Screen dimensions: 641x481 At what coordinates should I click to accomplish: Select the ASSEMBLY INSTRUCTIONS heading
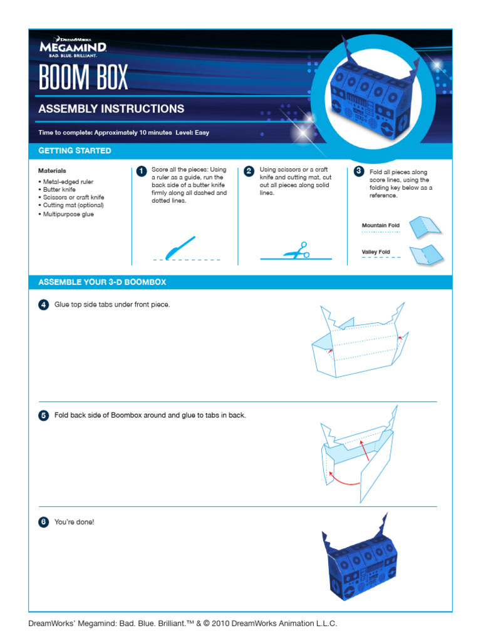point(111,109)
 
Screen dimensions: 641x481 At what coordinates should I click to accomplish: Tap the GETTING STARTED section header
point(75,151)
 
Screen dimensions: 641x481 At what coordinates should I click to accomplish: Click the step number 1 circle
point(141,171)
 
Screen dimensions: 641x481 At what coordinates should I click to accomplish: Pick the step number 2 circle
point(249,171)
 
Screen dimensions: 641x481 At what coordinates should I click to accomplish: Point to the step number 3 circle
point(358,171)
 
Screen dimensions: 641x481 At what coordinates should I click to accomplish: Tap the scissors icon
point(297,250)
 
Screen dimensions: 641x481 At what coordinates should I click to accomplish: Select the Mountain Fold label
point(380,225)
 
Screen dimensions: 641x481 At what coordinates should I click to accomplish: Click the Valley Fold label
point(376,252)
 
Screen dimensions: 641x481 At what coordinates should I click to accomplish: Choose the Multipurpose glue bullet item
point(70,214)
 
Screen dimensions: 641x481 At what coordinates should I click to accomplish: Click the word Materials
point(52,170)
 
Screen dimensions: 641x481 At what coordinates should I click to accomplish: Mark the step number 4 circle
point(43,305)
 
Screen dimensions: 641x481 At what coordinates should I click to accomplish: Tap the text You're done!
point(74,521)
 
